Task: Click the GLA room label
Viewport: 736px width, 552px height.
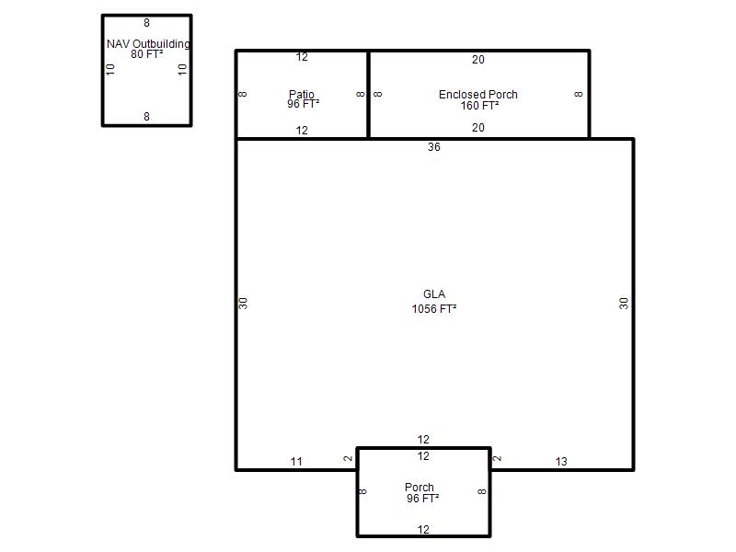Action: [434, 294]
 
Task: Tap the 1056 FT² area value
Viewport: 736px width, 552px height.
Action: [434, 309]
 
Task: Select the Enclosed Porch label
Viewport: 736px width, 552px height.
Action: [477, 95]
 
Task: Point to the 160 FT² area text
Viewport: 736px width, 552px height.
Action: [479, 106]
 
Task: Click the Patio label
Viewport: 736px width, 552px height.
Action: [302, 94]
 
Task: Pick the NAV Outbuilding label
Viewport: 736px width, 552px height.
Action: [148, 43]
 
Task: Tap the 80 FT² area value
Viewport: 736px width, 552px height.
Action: [147, 54]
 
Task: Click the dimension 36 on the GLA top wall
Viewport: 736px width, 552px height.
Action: [434, 147]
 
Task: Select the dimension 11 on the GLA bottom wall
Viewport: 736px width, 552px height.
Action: [296, 462]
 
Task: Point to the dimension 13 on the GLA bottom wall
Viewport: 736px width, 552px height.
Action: [561, 462]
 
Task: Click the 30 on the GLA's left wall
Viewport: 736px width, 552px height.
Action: [243, 304]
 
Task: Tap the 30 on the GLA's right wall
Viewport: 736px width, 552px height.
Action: [624, 304]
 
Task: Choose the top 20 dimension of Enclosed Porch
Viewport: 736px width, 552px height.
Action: [478, 60]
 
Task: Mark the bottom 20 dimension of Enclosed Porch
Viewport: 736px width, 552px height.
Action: [478, 128]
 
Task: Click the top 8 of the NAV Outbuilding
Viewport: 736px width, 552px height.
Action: [147, 22]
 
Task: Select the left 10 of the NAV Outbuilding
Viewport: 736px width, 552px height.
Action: [110, 70]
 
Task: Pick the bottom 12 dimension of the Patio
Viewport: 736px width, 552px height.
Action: [302, 131]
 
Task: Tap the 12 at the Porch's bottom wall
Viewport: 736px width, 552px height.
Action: [423, 530]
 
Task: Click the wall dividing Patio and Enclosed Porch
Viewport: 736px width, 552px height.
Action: [369, 95]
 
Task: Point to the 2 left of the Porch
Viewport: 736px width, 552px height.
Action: [348, 458]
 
